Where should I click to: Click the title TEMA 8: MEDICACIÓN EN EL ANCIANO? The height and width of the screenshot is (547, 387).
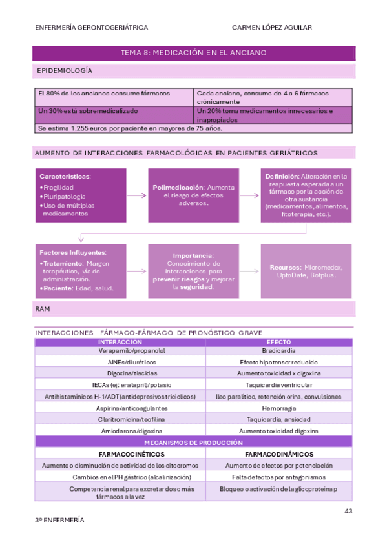[x=193, y=52]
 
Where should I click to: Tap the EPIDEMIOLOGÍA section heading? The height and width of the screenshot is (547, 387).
[x=64, y=70]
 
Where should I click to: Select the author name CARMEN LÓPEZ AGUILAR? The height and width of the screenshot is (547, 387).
[x=272, y=28]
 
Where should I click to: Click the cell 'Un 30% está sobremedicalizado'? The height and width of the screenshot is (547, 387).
[x=79, y=111]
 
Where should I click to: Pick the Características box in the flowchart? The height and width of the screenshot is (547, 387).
[x=79, y=195]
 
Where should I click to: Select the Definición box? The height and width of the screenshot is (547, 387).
[x=306, y=195]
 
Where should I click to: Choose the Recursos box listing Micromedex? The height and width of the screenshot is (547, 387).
[x=306, y=271]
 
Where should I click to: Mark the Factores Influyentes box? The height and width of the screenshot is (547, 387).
[x=79, y=271]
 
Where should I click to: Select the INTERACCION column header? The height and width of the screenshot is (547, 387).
[x=120, y=342]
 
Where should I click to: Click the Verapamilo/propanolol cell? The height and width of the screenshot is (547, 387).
[x=120, y=352]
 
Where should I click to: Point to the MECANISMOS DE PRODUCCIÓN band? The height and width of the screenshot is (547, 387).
[x=193, y=443]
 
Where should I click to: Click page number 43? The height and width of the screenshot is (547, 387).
[x=348, y=512]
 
